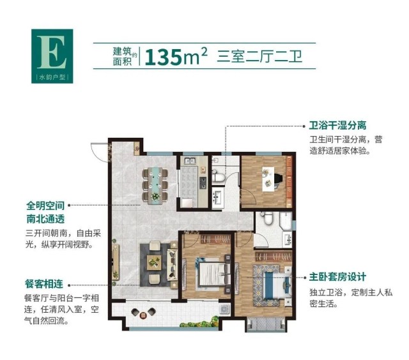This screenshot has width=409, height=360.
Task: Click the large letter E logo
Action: pos(52,52)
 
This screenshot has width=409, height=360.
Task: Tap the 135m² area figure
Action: pos(176,56)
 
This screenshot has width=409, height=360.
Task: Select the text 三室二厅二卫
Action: pos(259,57)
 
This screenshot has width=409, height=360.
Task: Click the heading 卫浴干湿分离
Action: pos(337,125)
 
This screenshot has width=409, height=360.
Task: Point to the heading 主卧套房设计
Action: pos(337,276)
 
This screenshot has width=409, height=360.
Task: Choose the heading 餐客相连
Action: pos(44,283)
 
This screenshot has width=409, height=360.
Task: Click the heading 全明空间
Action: pos(45,206)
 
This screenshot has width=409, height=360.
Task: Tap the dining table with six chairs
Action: pos(155,185)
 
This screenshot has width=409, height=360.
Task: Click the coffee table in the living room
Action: pos(154,262)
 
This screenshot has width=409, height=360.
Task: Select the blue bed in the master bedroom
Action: pos(277,285)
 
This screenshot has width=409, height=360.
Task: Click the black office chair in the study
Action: pos(278,179)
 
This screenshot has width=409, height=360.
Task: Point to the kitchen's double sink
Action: pos(190,161)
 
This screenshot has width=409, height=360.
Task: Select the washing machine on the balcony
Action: pos(224,309)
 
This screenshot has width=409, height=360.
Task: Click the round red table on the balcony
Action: pos(143,316)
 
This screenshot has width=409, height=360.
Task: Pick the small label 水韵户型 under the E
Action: pos(52,77)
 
